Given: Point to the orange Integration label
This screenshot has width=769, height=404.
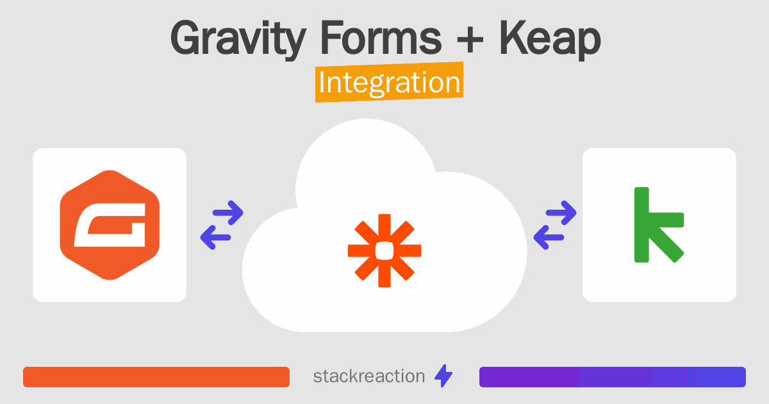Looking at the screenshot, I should (389, 84).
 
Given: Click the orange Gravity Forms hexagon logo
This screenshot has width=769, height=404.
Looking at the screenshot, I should (110, 224).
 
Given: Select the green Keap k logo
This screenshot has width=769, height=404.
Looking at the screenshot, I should (657, 224).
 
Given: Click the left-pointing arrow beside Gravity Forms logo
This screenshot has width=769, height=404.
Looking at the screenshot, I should (216, 237).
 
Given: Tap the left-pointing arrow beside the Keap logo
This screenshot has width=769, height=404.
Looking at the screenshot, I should (549, 237).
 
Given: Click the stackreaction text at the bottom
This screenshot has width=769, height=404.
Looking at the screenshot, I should (368, 376).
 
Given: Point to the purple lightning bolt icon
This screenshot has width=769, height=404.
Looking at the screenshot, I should (443, 376).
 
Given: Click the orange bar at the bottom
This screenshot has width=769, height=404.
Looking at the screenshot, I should (156, 377).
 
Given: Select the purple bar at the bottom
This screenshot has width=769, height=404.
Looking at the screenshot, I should (612, 377).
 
